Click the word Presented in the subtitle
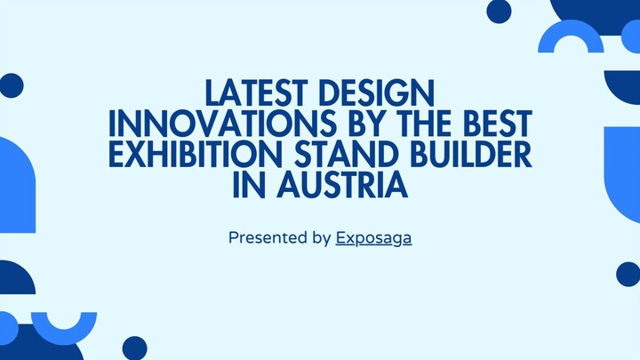click(265, 238)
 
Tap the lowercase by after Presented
click(321, 238)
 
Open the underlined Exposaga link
click(373, 238)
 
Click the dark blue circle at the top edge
click(500, 11)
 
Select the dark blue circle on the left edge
click(11, 85)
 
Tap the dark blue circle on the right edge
click(628, 274)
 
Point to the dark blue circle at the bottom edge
click(134, 348)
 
